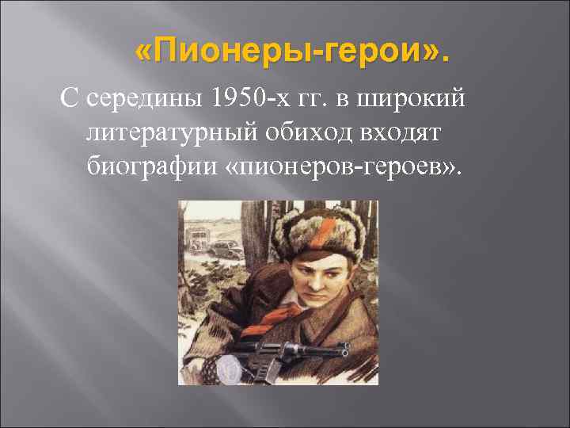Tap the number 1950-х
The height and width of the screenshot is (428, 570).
pyautogui.click(x=238, y=101)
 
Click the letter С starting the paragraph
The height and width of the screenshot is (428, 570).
pyautogui.click(x=69, y=101)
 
